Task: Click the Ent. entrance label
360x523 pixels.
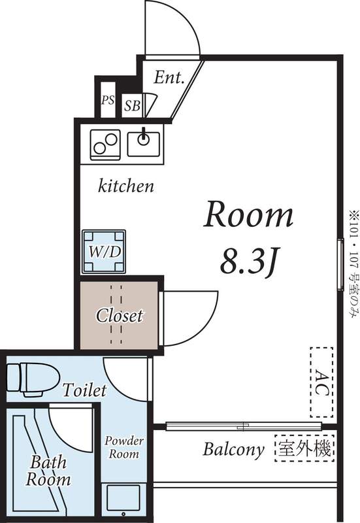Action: pyautogui.click(x=169, y=77)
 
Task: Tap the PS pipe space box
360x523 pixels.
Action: pyautogui.click(x=107, y=101)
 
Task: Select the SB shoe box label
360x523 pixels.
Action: pyautogui.click(x=131, y=104)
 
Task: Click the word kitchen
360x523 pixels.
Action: pyautogui.click(x=126, y=186)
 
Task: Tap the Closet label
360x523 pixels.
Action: pyautogui.click(x=119, y=316)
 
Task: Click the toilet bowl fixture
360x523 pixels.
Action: pyautogui.click(x=29, y=377)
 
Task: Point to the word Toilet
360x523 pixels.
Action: pyautogui.click(x=84, y=391)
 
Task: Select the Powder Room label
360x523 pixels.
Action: pyautogui.click(x=125, y=447)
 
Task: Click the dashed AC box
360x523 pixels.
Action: pyautogui.click(x=320, y=382)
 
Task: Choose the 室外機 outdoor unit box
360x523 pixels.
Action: pyautogui.click(x=305, y=449)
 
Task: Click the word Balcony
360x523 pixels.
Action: pyautogui.click(x=233, y=450)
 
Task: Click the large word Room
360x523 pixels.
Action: pyautogui.click(x=249, y=215)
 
